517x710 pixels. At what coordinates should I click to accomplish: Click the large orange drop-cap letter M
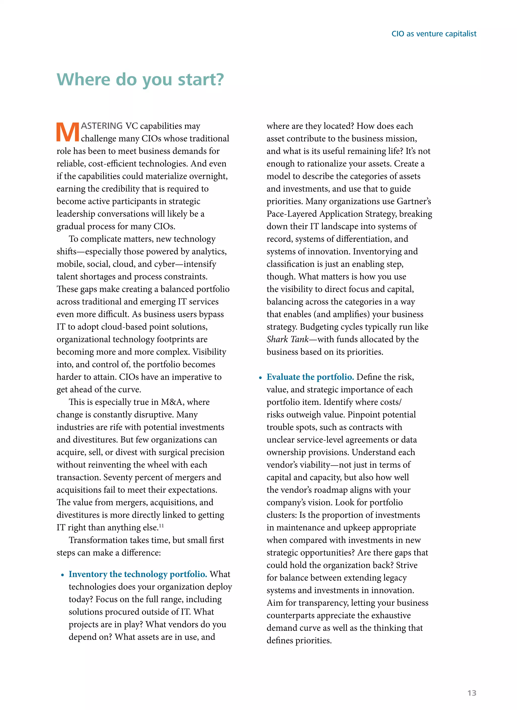[x=68, y=132]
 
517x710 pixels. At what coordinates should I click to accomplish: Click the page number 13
[x=472, y=693]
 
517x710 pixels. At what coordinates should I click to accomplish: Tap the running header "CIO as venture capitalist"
[x=434, y=34]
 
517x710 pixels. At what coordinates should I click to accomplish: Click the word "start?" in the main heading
[x=201, y=79]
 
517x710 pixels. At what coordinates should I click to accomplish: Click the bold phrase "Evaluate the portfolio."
[x=310, y=377]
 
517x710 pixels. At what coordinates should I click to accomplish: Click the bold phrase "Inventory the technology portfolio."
[x=138, y=574]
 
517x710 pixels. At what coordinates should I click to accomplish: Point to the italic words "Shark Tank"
[x=287, y=339]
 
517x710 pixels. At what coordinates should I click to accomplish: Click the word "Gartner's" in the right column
[x=413, y=201]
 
